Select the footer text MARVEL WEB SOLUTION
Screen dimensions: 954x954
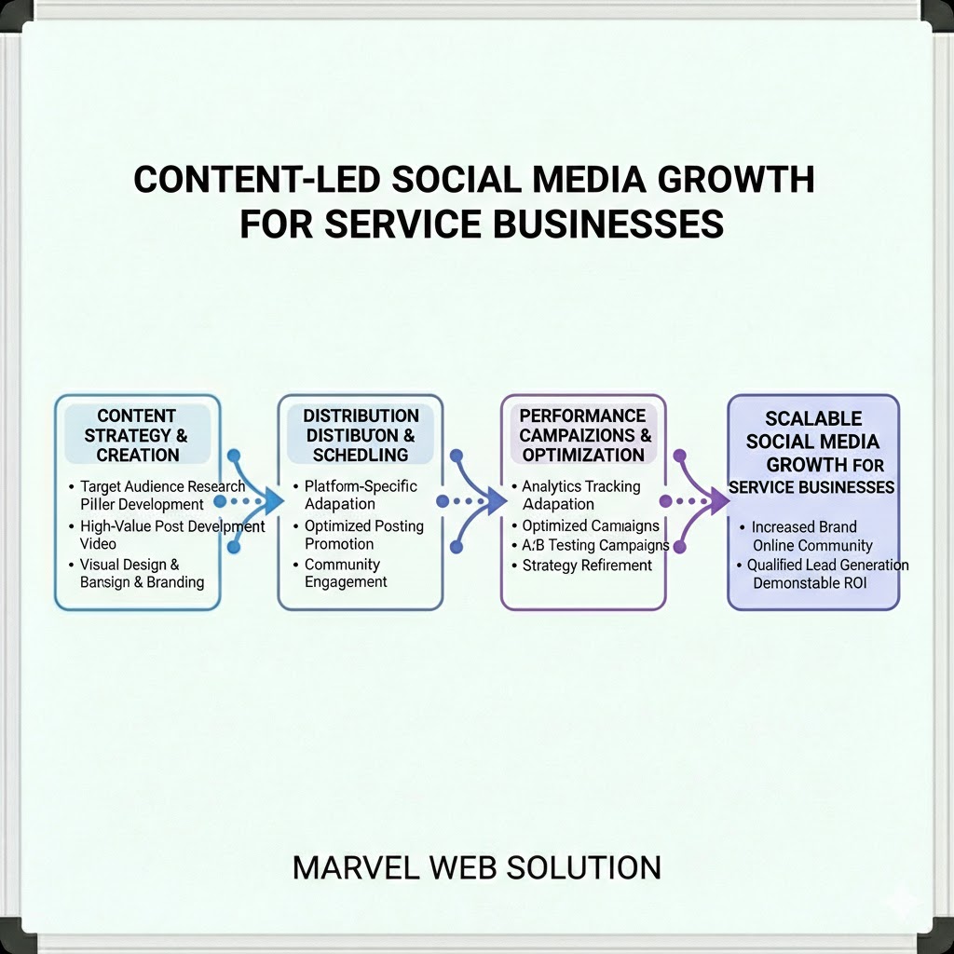click(x=476, y=867)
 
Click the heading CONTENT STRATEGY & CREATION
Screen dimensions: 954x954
click(x=137, y=435)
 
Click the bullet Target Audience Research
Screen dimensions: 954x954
click(x=162, y=486)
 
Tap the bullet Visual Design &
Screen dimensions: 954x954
click(x=129, y=565)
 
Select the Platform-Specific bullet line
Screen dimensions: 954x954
click(x=361, y=486)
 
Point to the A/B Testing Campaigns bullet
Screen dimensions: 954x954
click(x=595, y=545)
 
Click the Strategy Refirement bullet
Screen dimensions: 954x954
click(x=587, y=566)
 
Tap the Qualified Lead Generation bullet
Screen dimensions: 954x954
click(x=827, y=565)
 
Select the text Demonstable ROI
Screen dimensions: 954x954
click(x=810, y=583)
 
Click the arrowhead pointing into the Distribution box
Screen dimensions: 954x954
click(x=271, y=501)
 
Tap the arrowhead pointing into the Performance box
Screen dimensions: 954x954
click(x=495, y=501)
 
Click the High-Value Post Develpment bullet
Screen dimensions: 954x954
click(x=172, y=526)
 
